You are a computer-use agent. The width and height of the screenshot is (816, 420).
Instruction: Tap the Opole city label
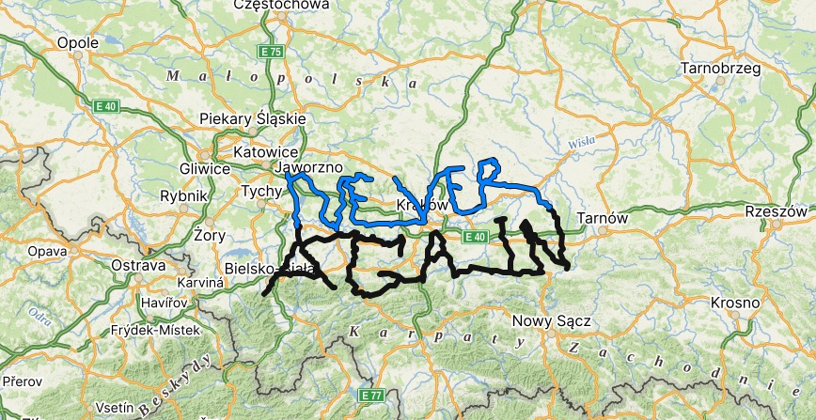[x=78, y=42]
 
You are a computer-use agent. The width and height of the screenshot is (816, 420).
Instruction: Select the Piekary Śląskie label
[x=253, y=118]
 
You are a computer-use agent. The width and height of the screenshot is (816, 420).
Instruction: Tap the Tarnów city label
[x=602, y=217]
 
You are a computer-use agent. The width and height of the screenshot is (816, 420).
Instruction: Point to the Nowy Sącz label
[x=551, y=321]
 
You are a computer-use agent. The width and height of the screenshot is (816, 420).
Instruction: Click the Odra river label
[x=40, y=315]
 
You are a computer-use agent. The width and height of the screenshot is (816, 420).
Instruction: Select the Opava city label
[x=47, y=252]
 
